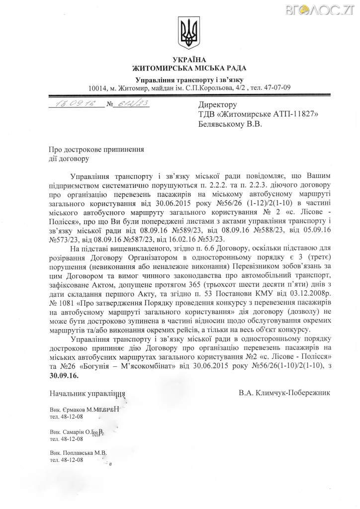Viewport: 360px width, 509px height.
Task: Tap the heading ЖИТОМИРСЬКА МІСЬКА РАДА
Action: pos(189,68)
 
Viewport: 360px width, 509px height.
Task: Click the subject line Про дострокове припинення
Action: pos(96,150)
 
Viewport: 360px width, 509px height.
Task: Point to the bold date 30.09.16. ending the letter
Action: pos(64,376)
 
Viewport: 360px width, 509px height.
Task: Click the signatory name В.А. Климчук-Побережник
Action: pos(283,392)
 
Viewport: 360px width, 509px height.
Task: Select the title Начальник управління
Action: pos(87,393)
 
